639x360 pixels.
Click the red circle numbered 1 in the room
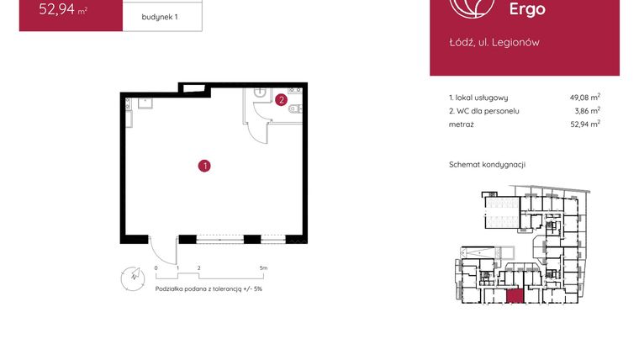click(203, 166)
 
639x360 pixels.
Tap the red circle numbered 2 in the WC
click(282, 99)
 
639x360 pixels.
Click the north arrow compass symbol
click(130, 275)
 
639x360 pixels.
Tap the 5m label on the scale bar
click(263, 268)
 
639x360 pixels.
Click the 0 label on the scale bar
click(156, 268)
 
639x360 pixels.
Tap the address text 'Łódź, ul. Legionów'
click(494, 42)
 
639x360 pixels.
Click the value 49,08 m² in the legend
click(584, 98)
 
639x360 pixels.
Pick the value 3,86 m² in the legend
click(586, 111)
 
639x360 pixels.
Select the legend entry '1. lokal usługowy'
click(478, 98)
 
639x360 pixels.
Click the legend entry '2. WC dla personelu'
click(484, 111)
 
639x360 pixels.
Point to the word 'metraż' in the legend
click(462, 124)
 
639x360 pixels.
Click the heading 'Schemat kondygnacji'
click(487, 165)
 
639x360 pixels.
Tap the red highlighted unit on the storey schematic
click(514, 295)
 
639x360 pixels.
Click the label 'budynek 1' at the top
click(161, 17)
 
